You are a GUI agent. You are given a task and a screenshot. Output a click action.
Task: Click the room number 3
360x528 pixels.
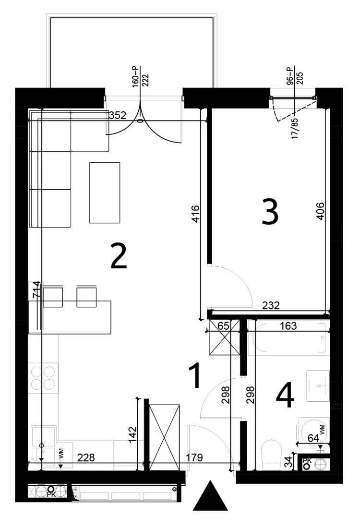tap(270, 212)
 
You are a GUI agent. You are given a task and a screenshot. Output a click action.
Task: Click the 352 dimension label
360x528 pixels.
tap(118, 116)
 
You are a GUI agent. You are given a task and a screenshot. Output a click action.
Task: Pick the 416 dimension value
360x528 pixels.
tap(195, 214)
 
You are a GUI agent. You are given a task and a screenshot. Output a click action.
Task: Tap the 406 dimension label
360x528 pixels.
tap(320, 211)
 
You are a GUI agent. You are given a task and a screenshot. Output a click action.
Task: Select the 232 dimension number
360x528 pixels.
tap(271, 305)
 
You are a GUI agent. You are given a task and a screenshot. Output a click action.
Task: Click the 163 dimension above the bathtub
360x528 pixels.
tap(288, 325)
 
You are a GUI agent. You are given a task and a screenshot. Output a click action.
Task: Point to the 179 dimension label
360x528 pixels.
tap(194, 457)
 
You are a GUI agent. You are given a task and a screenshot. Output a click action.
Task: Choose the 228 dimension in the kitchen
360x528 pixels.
tap(86, 457)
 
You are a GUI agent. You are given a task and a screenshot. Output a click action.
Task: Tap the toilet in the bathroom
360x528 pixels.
tap(271, 454)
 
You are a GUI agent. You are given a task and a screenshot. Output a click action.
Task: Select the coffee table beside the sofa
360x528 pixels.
tap(104, 192)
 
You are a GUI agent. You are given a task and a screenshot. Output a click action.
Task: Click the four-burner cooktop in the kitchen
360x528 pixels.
tap(44, 378)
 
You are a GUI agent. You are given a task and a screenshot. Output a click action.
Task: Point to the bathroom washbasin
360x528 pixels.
tap(318, 386)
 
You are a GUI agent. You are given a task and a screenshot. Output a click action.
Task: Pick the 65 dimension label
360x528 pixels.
tap(224, 325)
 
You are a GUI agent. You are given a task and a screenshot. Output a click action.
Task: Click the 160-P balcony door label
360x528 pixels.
tap(135, 77)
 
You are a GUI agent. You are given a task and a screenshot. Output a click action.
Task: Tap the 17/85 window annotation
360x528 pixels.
tap(295, 129)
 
